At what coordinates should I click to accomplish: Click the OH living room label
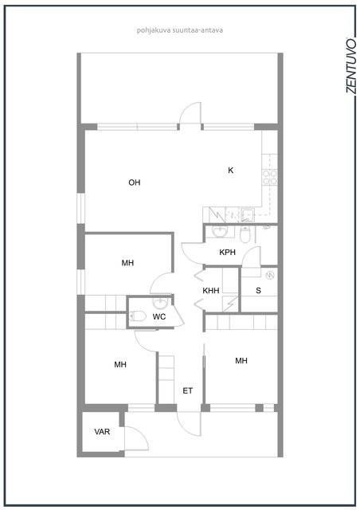point(135,182)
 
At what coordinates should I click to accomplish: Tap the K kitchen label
point(230,170)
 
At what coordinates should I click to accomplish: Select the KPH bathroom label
point(227,252)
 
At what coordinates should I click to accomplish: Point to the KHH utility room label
point(211,290)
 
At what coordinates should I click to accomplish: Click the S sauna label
point(258,290)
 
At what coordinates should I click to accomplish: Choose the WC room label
point(159,316)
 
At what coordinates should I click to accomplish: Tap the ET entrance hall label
point(188,390)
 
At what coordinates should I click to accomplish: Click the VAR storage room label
point(102,432)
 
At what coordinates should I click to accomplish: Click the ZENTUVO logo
point(350,65)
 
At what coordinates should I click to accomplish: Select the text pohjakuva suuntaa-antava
point(179,30)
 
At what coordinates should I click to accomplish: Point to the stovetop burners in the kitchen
point(270,177)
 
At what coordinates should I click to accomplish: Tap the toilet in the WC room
point(137,316)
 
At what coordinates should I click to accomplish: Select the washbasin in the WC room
point(160,303)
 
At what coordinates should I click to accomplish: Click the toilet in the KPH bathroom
point(245,234)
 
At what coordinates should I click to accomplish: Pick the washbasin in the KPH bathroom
point(220,232)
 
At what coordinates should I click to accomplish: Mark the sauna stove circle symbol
point(270,276)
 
